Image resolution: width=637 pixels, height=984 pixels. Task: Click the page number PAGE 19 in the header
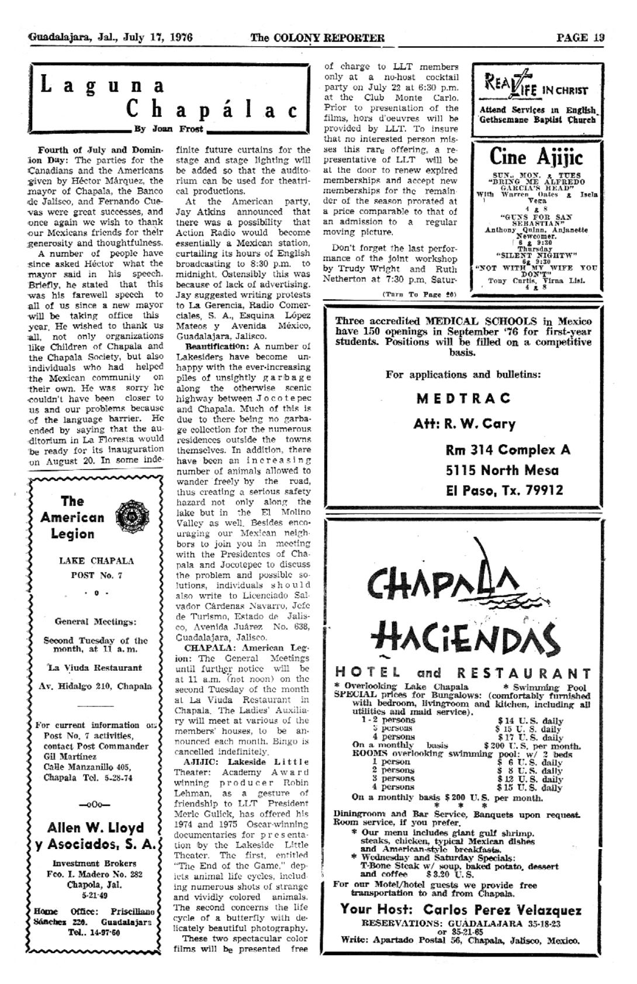580,38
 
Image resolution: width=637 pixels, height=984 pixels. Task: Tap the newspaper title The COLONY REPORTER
317,39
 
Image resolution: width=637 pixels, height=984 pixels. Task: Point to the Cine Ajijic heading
536,157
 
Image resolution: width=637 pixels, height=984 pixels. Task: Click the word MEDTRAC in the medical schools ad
463,399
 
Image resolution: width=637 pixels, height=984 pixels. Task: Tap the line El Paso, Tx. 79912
504,490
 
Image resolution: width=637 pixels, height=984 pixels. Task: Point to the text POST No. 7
96,575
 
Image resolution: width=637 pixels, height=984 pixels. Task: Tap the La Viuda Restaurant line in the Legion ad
95,667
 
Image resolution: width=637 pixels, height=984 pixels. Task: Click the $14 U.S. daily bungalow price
529,721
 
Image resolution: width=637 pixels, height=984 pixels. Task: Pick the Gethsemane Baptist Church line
538,120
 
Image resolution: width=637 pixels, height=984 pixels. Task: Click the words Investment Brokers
95,863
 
